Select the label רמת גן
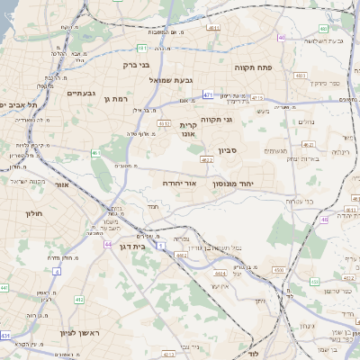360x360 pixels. point(117,98)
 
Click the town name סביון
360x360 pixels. point(227,151)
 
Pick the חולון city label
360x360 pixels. point(31,213)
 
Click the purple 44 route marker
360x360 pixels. point(108,244)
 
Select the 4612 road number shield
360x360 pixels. point(164,122)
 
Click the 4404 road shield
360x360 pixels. point(181,256)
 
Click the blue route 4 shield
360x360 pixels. point(57,270)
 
